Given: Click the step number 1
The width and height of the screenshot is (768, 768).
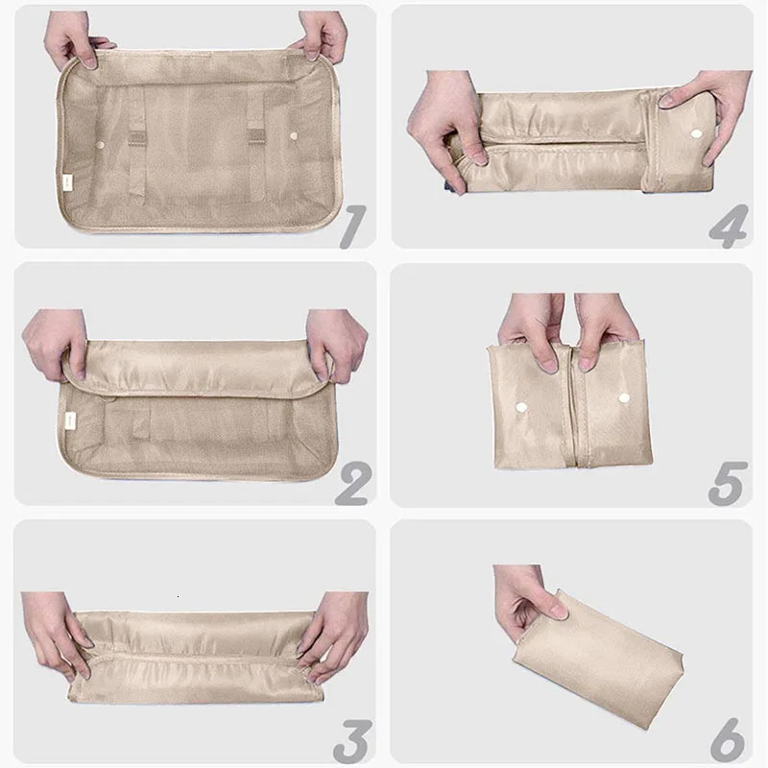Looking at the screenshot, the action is click(352, 227).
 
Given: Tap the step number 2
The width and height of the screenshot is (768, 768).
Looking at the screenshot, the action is click(352, 483).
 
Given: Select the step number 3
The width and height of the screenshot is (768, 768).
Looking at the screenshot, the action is click(352, 740).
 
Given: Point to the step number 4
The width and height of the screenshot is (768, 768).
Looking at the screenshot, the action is click(729, 227).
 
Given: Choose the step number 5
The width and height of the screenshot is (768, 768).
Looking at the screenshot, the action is click(728, 483).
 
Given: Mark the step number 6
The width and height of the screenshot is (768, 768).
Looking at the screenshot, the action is click(728, 740).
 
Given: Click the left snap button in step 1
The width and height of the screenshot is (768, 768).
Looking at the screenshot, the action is click(101, 146).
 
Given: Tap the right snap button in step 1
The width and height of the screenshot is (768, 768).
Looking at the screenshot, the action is click(294, 135).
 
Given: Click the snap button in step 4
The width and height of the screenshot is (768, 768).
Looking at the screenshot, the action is click(695, 132).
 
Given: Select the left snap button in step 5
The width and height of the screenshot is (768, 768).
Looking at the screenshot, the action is click(521, 407).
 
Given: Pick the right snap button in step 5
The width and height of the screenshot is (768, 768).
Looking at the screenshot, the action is click(623, 397).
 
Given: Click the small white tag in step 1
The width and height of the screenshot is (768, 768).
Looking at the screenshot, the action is click(66, 182).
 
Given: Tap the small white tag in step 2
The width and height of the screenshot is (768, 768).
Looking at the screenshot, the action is click(71, 420).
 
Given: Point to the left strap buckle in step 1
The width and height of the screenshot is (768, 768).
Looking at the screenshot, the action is click(137, 138).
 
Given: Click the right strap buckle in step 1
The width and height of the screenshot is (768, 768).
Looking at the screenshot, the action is click(256, 137).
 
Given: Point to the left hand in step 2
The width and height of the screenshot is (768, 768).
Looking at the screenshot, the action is click(57, 344).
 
